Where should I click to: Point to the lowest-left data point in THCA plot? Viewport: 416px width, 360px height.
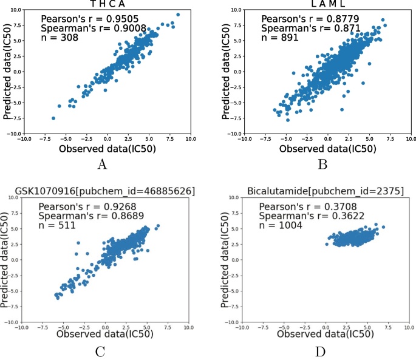coord(53,118)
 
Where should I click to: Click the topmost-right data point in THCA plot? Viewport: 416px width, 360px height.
coord(177,15)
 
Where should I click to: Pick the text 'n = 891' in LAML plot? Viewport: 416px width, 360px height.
coord(275,38)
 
